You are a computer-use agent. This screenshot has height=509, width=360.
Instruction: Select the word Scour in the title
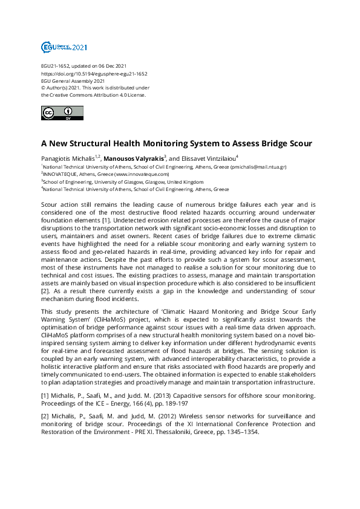pyautogui.click(x=298, y=144)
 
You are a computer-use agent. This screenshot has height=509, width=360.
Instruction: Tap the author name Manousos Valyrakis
pyautogui.click(x=137, y=158)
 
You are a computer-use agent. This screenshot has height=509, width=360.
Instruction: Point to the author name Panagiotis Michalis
pyautogui.click(x=65, y=158)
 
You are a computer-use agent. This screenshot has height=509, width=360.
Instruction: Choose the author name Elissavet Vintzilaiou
pyautogui.click(x=202, y=158)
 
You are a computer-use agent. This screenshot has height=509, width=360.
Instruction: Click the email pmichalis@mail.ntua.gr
pyautogui.click(x=256, y=167)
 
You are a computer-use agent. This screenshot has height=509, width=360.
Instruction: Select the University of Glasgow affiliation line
pyautogui.click(x=123, y=181)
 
